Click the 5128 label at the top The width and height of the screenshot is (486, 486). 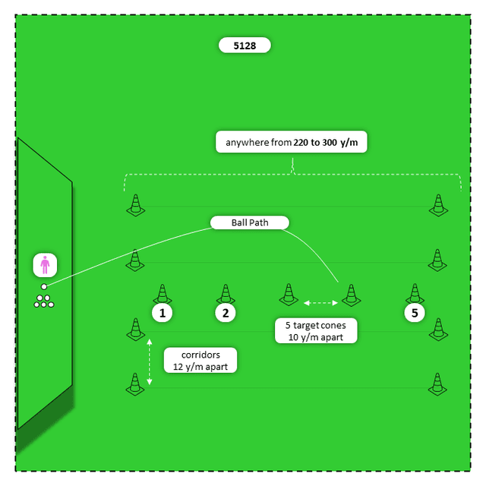[x=245, y=46]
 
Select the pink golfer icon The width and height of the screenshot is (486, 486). [x=45, y=266]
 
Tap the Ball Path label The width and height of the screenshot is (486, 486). [x=250, y=222]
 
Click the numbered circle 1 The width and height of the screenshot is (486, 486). [x=162, y=312]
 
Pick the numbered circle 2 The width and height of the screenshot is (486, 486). [x=225, y=312]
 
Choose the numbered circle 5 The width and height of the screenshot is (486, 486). [x=414, y=312]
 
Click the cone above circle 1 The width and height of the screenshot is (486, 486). [x=162, y=294]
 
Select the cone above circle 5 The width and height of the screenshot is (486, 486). [x=414, y=294]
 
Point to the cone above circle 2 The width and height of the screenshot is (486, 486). [x=225, y=294]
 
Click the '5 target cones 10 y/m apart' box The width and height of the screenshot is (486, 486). [x=315, y=331]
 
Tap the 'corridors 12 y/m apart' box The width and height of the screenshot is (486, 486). [x=200, y=361]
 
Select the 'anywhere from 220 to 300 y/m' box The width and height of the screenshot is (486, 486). [x=292, y=142]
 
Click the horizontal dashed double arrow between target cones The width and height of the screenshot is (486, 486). [x=320, y=303]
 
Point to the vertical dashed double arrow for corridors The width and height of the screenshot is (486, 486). [x=150, y=361]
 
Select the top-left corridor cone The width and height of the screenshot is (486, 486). [x=135, y=205]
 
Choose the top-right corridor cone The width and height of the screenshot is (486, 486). [x=437, y=205]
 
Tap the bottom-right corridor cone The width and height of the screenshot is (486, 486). [x=437, y=384]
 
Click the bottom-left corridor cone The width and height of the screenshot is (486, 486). [x=135, y=384]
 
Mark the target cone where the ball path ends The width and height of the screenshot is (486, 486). [x=350, y=294]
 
